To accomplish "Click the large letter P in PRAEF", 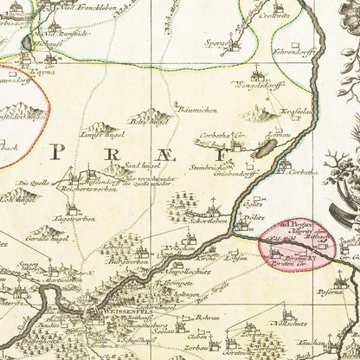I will pyautogui.click(x=59, y=152).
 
